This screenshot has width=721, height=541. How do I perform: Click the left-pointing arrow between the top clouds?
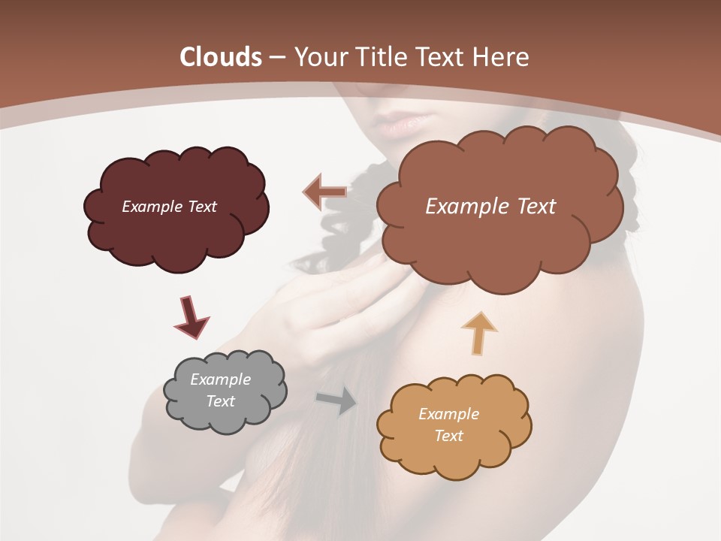coord(324,192)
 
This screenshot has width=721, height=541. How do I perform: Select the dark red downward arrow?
coord(191,316)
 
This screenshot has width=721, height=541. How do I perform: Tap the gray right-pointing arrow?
coord(337,400)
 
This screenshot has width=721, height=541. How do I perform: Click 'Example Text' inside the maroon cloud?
coord(169,206)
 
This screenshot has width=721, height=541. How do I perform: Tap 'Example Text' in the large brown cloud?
coord(490,206)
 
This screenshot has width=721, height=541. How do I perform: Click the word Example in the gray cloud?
coord(220,379)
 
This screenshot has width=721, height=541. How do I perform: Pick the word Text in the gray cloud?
coord(221,401)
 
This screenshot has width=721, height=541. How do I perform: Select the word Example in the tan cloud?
coord(448,414)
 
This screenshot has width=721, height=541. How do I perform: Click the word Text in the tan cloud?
coord(448,436)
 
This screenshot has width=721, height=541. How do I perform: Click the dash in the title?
coord(276,58)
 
